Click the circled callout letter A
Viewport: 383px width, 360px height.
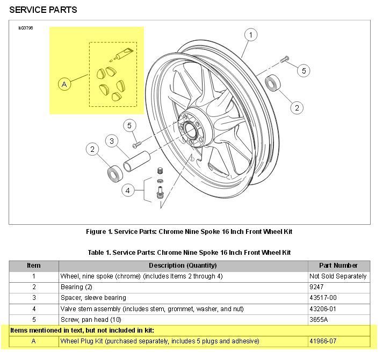pyautogui.click(x=64, y=84)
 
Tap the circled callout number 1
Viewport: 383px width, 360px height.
pyautogui.click(x=251, y=35)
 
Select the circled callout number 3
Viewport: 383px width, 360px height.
pyautogui.click(x=112, y=141)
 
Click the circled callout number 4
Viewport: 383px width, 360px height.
pyautogui.click(x=128, y=190)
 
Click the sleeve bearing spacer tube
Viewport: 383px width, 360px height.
pyautogui.click(x=136, y=161)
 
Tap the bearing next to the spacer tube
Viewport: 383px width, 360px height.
pyautogui.click(x=115, y=173)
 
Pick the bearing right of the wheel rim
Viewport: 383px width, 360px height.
pyautogui.click(x=273, y=83)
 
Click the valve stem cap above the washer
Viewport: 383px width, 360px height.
pyautogui.click(x=160, y=171)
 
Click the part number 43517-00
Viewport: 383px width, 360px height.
pyautogui.click(x=323, y=298)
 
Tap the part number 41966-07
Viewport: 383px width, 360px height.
pyautogui.click(x=323, y=341)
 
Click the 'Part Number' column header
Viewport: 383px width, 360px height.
pyautogui.click(x=339, y=266)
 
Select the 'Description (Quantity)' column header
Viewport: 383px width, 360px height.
pyautogui.click(x=183, y=266)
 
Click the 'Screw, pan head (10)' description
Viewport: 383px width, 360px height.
pyautogui.click(x=91, y=320)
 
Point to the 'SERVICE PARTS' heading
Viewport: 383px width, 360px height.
pyautogui.click(x=43, y=10)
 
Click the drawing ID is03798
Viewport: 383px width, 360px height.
pyautogui.click(x=26, y=28)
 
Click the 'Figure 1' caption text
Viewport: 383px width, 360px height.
pyautogui.click(x=189, y=231)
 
